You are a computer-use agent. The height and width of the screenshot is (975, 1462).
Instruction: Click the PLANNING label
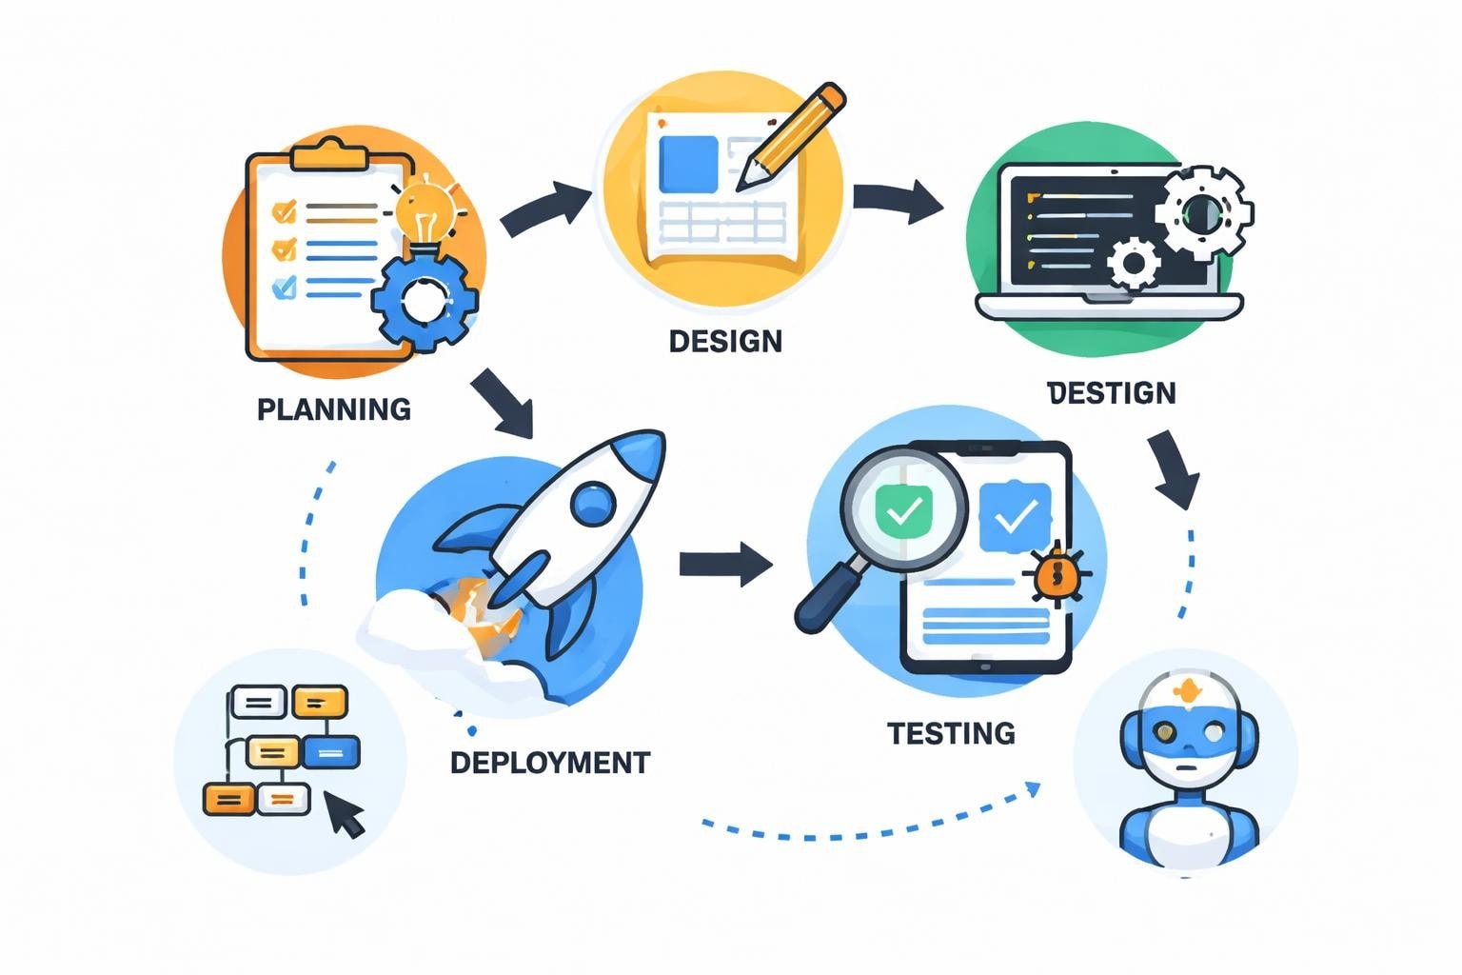coord(334,409)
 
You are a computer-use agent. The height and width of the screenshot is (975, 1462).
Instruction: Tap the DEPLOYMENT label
coord(550,763)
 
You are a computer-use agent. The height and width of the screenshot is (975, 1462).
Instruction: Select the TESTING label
coord(951,733)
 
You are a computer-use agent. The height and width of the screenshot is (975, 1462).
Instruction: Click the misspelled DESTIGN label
coord(1112,393)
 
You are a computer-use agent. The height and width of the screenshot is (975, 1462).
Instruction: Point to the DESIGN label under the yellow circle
coord(725,341)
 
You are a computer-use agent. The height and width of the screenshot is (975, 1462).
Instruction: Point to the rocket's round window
coord(595,501)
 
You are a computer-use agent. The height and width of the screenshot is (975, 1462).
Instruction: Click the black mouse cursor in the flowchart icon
coord(345,814)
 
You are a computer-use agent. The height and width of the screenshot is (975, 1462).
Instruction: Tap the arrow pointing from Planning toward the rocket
coord(503,404)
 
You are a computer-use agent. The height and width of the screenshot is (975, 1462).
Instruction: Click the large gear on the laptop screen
coord(1203,212)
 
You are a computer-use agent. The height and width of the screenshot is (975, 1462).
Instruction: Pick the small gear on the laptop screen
coord(1134,263)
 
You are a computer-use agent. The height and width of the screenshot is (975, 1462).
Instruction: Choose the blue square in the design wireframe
coord(688,163)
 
